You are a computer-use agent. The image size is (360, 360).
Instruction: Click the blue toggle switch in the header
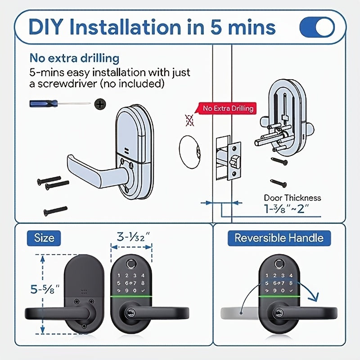pyautogui.click(x=317, y=27)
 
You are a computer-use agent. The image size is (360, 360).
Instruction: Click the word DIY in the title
pyautogui.click(x=46, y=27)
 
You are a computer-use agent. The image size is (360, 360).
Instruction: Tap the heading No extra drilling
pyautogui.click(x=74, y=58)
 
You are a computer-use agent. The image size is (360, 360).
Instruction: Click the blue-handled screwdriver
pyautogui.click(x=60, y=103)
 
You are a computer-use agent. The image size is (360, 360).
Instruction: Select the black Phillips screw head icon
pyautogui.click(x=100, y=104)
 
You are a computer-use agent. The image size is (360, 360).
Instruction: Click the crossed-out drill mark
pyautogui.click(x=189, y=120)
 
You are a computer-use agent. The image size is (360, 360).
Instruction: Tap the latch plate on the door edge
pyautogui.click(x=234, y=161)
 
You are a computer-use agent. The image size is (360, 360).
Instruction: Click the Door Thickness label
pyautogui.click(x=292, y=198)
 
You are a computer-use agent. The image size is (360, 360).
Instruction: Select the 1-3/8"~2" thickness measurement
pyautogui.click(x=287, y=209)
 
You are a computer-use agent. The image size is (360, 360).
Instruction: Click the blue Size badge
pyautogui.click(x=44, y=238)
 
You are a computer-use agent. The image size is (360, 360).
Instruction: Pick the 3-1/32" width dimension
pyautogui.click(x=133, y=237)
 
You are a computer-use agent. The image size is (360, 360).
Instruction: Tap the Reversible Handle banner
pyautogui.click(x=279, y=238)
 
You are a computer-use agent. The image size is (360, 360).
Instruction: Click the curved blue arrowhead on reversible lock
pyautogui.click(x=313, y=296)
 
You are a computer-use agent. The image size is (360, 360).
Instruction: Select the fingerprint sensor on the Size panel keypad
pyautogui.click(x=131, y=263)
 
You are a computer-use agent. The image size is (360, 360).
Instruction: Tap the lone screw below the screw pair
pyautogui.click(x=55, y=211)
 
